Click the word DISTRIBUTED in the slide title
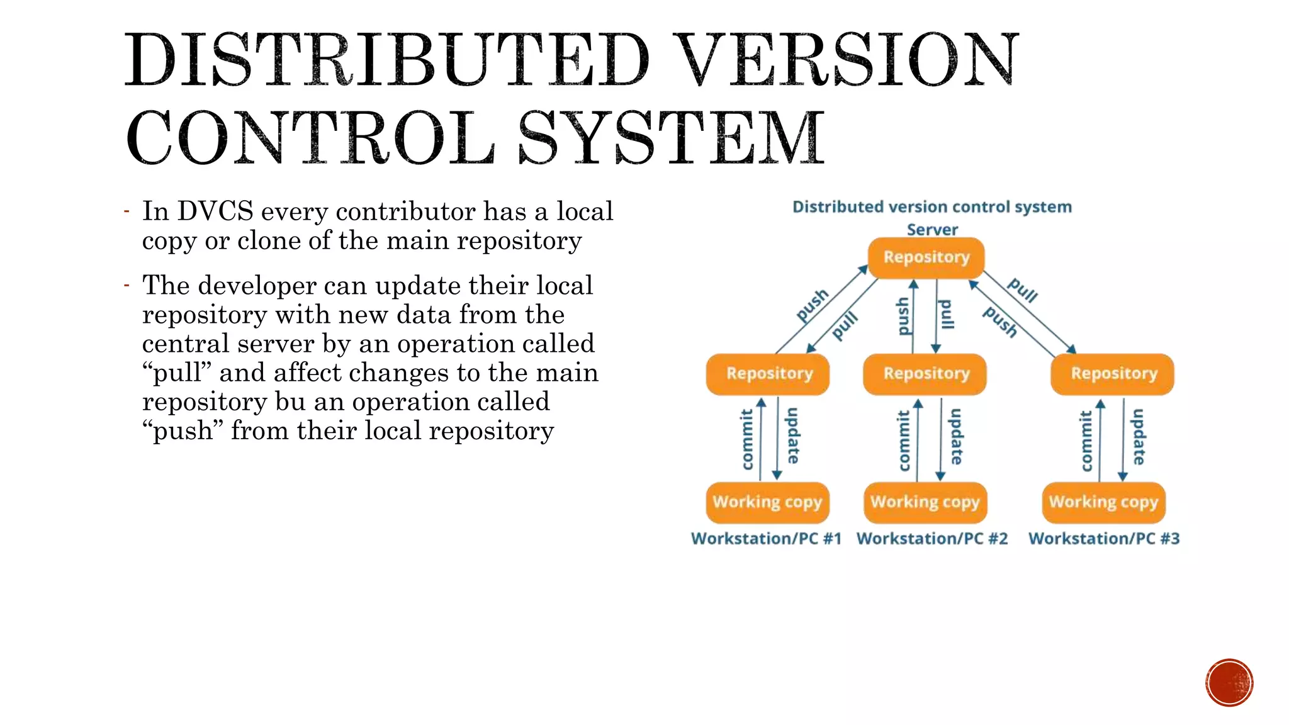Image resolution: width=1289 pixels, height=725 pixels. pos(386,60)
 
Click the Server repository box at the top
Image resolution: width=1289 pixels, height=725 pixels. pos(926,257)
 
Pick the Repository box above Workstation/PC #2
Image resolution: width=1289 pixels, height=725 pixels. pos(925,374)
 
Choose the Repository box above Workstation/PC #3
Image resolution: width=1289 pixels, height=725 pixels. pos(1113,374)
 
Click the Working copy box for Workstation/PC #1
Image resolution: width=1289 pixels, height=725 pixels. pos(767,502)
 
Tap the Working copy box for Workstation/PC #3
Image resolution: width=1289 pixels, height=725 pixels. pos(1103,502)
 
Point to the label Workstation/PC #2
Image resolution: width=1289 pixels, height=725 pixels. pos(932,539)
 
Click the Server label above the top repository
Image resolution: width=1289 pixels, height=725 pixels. pos(932,230)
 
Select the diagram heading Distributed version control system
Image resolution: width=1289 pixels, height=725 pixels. pos(932,207)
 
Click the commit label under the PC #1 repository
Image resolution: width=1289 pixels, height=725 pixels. pos(747,439)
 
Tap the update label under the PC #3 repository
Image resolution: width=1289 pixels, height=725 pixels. pos(1139,437)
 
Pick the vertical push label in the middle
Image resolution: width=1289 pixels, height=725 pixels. pos(903,316)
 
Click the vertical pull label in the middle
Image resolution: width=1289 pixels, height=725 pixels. pos(946,315)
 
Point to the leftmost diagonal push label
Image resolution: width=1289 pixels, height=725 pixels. pos(813,305)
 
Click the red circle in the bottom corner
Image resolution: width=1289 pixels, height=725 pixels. pos(1229,682)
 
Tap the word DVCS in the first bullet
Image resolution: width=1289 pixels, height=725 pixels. pos(215,211)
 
